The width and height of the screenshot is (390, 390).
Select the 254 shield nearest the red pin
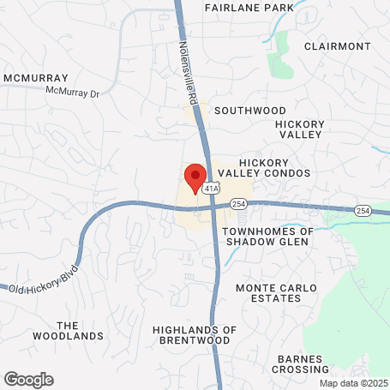(238, 204)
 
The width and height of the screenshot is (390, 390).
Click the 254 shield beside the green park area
(363, 211)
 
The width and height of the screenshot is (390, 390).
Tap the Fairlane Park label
(249, 8)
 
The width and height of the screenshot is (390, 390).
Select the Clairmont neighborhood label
(337, 46)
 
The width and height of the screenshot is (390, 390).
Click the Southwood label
(249, 111)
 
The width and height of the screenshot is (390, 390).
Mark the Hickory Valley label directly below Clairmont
(299, 129)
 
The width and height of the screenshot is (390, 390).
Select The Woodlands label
(80, 330)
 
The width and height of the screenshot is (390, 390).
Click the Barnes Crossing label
(300, 363)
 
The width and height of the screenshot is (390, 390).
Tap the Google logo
(28, 379)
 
